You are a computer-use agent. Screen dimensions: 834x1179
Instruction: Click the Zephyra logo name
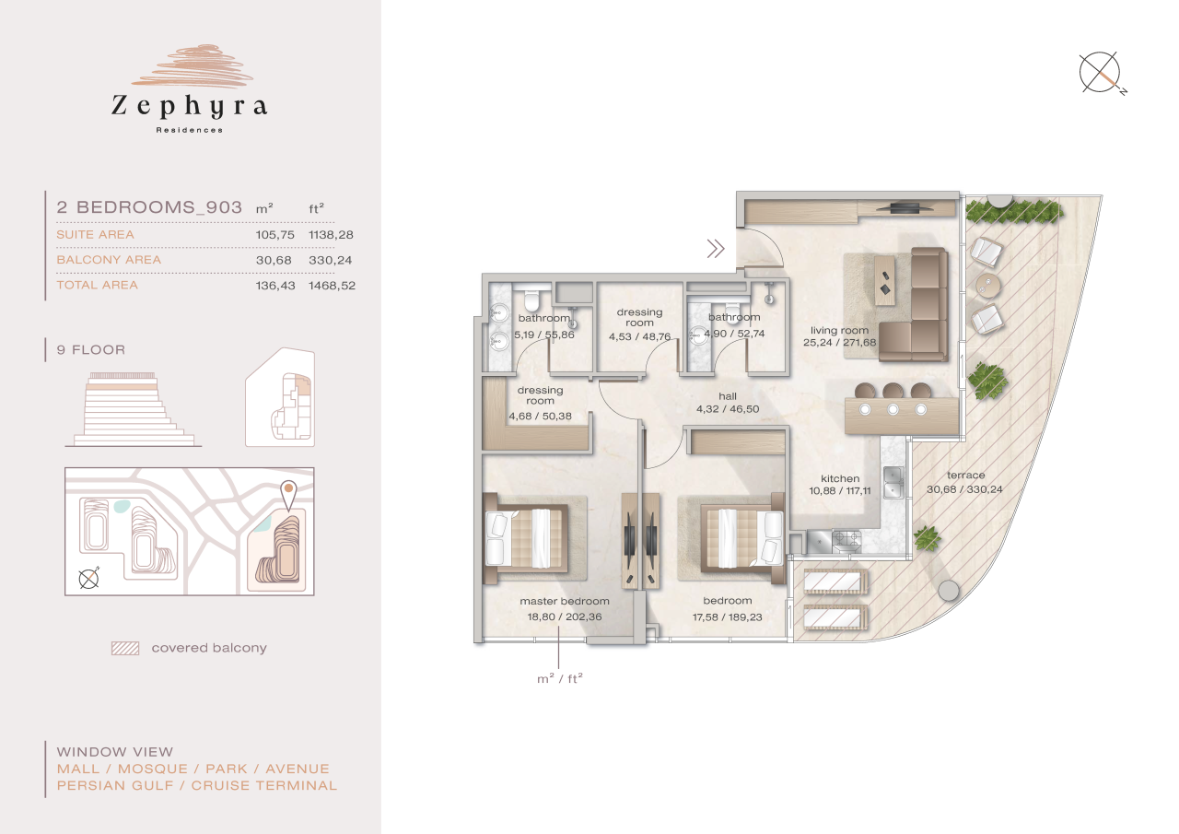189,106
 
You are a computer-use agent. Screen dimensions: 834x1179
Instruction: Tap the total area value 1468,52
332,286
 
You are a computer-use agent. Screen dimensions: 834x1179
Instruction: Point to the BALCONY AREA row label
109,260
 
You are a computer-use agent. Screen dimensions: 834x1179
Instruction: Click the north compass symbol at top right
1101,73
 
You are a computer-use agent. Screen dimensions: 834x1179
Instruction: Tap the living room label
839,331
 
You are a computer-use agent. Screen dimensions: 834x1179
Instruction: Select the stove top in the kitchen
846,539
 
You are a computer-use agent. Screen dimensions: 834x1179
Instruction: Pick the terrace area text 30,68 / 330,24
964,489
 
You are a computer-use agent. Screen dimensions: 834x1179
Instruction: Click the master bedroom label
564,602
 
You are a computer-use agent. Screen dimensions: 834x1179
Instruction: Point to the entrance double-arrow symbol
715,247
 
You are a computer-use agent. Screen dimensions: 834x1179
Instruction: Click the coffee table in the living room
883,276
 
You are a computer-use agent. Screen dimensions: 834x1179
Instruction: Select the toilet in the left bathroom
531,300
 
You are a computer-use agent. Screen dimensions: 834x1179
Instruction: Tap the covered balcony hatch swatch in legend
124,648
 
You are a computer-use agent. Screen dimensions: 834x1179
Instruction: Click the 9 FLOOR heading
90,350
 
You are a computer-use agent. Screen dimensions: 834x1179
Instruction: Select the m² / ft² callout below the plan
560,679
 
